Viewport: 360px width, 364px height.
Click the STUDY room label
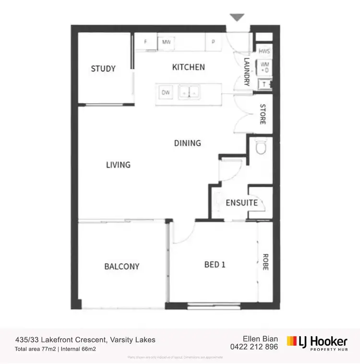point(103,69)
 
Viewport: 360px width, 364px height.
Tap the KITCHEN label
point(189,67)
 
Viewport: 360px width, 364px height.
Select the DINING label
point(187,143)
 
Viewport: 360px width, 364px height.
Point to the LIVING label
point(118,165)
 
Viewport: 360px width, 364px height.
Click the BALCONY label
point(122,266)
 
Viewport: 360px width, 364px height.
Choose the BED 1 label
point(215,265)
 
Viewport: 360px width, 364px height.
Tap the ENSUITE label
point(242,203)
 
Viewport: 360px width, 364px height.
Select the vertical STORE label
point(263,114)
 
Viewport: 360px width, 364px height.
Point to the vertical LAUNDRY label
point(247,72)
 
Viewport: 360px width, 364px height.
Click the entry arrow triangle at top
point(237,17)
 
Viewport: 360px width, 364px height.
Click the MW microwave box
point(167,42)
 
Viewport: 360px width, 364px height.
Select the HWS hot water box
point(264,51)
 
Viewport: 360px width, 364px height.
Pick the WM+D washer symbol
point(264,67)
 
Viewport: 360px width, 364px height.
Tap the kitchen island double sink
point(189,91)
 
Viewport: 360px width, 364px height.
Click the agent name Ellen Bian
point(261,339)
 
